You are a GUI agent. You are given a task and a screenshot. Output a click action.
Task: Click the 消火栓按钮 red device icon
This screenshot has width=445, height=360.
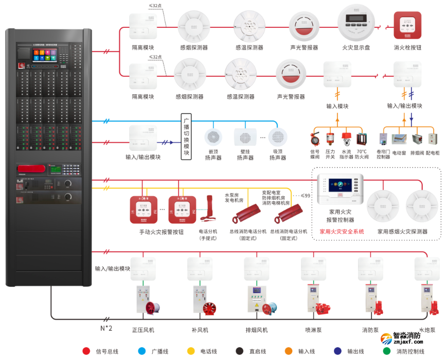(407, 26)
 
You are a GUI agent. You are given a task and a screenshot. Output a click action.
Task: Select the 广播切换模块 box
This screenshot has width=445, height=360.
(186, 136)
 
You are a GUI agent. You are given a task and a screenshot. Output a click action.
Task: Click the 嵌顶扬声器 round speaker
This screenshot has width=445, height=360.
(213, 137)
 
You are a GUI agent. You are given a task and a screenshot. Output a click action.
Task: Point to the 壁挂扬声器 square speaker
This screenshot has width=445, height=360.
(244, 138)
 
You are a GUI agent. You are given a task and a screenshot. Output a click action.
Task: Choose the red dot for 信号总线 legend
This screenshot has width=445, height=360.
(86, 351)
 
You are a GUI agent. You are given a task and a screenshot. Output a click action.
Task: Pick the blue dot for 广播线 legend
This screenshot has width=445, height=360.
(141, 351)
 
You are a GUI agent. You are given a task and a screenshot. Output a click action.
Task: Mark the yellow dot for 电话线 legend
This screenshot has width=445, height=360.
(191, 351)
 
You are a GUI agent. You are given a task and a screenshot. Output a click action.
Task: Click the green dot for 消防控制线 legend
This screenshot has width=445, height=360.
(387, 351)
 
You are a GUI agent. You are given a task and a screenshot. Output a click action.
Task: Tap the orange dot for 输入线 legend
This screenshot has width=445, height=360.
(289, 351)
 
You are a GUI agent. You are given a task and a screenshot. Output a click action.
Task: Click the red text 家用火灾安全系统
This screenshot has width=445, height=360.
(342, 232)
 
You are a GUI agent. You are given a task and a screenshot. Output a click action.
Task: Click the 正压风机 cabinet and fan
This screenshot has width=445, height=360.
(146, 299)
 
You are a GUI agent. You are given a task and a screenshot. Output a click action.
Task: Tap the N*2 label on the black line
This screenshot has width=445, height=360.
(106, 328)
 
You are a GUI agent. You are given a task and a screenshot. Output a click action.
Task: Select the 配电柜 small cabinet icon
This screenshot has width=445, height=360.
(433, 139)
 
